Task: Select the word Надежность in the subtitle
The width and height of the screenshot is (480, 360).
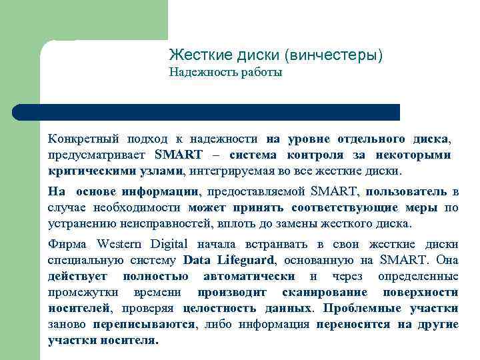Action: point(199,72)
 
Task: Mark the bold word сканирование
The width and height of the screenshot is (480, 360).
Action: point(324,292)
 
